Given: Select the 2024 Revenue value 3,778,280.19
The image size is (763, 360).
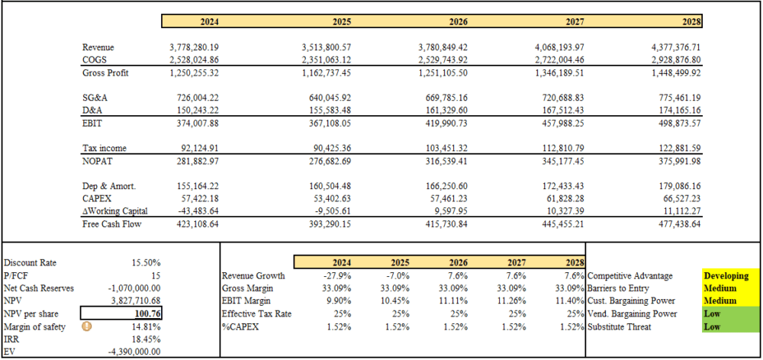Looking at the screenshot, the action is point(194,47).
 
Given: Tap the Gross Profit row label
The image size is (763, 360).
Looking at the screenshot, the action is point(105,73).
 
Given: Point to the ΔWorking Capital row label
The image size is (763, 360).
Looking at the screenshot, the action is point(115,211).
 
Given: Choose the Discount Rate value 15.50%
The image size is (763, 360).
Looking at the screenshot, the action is point(146,262).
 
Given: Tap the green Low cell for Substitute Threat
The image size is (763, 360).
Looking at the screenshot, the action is point(730,326).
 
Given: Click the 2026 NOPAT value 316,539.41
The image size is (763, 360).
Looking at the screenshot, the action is point(443,161).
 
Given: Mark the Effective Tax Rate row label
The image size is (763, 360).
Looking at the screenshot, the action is point(256,313).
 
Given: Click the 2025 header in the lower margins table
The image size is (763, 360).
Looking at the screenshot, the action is point(400,262).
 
